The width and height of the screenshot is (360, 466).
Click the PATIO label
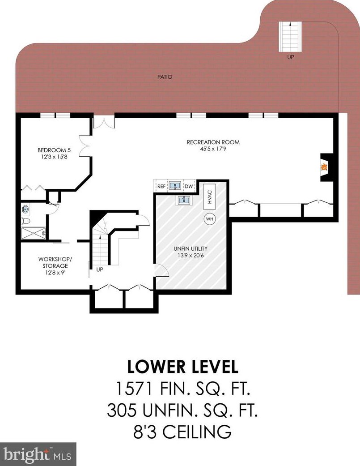[165, 77]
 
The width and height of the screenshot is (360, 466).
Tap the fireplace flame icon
[324, 167]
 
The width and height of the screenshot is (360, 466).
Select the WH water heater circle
[210, 219]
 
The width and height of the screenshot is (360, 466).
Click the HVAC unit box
[210, 197]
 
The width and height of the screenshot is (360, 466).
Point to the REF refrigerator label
[161, 186]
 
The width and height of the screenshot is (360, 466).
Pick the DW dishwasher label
[189, 186]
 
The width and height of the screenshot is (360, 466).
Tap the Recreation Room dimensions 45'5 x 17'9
[213, 149]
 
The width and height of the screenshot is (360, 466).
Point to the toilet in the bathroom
[25, 221]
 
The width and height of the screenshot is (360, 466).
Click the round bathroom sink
[25, 209]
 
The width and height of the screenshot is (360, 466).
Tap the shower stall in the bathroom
[34, 233]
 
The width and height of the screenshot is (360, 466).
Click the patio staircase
[290, 37]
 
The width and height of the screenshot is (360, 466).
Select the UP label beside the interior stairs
[100, 269]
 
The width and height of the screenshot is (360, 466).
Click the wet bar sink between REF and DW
[175, 186]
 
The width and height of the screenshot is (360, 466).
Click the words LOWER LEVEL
[183, 367]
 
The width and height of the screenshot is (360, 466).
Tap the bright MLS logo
[38, 454]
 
